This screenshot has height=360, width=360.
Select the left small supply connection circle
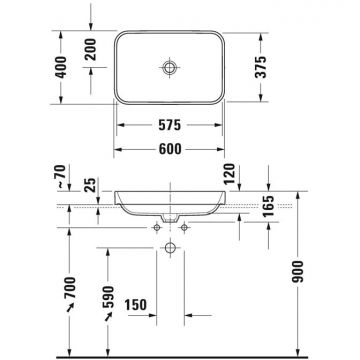[159, 229]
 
